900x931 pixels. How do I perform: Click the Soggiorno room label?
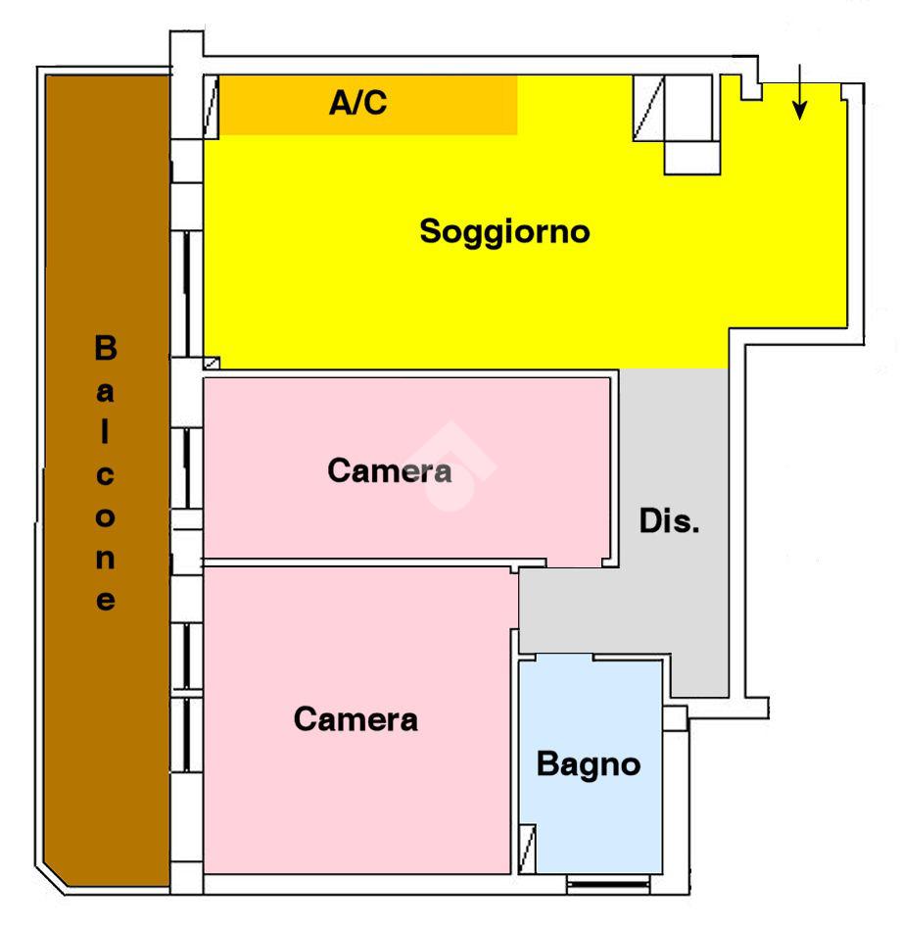[x=504, y=233]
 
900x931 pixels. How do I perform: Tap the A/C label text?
[x=357, y=102]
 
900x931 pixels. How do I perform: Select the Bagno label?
[x=589, y=764]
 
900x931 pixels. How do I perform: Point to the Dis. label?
[x=670, y=521]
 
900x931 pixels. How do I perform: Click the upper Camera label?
[x=389, y=471]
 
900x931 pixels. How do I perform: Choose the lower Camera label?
[x=355, y=720]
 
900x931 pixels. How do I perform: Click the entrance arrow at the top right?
[x=800, y=94]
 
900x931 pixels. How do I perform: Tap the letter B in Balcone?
[x=105, y=348]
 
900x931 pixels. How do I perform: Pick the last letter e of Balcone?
[x=105, y=601]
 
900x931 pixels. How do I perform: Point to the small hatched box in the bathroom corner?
[x=528, y=848]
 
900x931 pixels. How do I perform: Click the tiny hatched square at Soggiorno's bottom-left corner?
[x=211, y=363]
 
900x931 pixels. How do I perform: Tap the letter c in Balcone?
[x=105, y=477]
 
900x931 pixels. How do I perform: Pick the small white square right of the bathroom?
[x=674, y=718]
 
